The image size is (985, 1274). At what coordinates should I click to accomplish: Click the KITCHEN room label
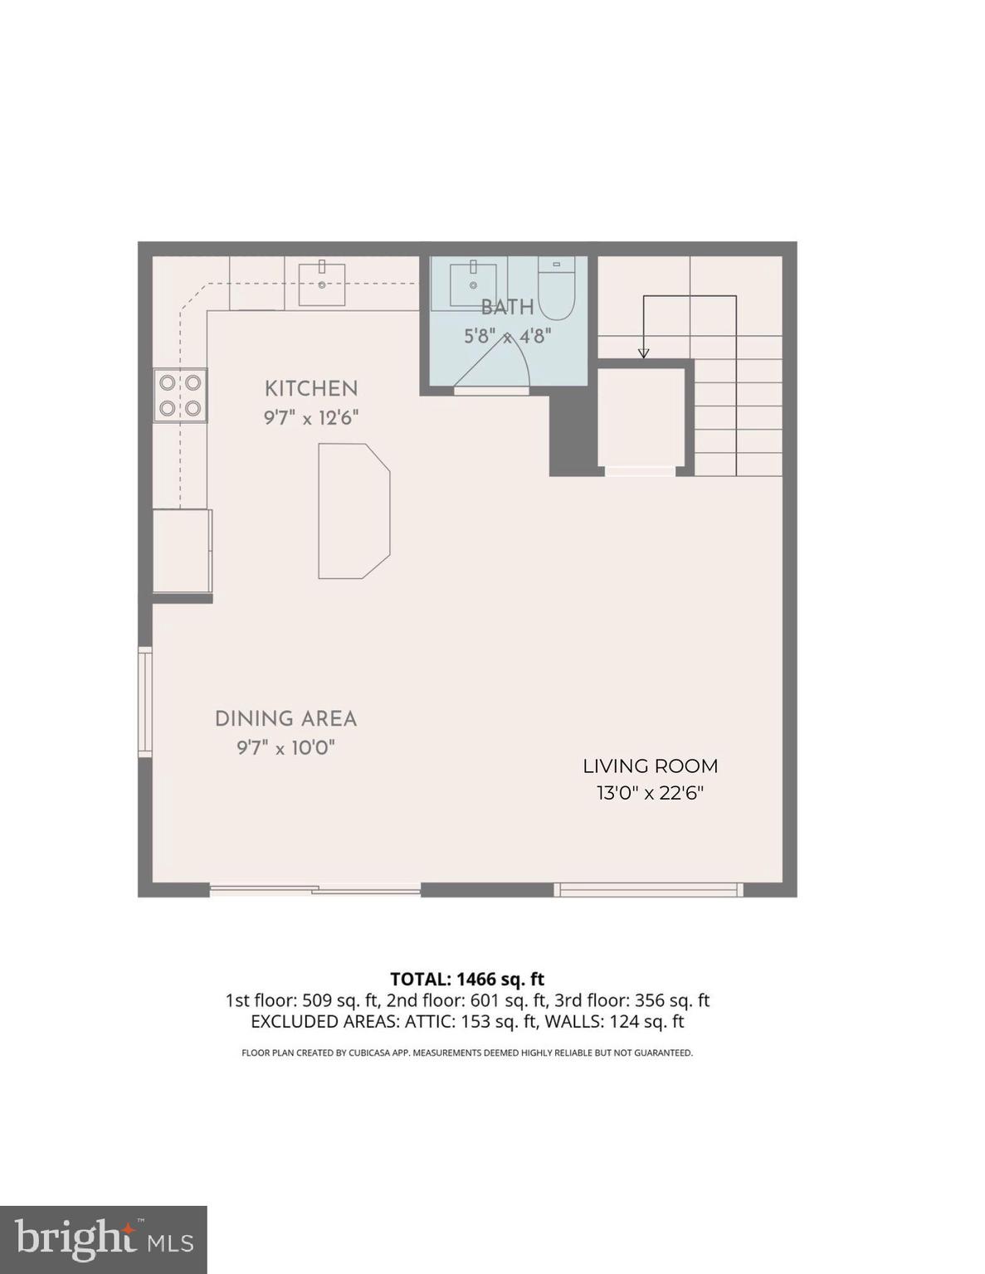click(x=311, y=388)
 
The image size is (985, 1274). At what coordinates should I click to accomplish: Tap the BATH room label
click(x=507, y=308)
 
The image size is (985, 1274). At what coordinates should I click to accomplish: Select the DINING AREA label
click(x=285, y=719)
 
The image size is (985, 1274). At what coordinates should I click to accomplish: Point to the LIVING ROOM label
click(x=650, y=766)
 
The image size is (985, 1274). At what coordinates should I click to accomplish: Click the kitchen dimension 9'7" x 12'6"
click(x=311, y=417)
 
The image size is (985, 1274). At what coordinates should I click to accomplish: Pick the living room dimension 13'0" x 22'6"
click(x=650, y=793)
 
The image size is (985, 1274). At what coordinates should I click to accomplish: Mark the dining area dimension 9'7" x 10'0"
click(x=285, y=748)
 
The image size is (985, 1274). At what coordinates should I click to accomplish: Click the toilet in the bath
click(x=556, y=290)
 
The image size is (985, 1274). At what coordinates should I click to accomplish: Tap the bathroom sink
click(x=473, y=284)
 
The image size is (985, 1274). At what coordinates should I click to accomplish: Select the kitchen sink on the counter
click(x=322, y=283)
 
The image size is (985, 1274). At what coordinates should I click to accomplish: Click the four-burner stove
click(x=181, y=395)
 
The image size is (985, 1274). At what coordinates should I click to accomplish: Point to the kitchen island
click(x=353, y=510)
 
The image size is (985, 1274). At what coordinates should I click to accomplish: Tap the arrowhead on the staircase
click(x=643, y=353)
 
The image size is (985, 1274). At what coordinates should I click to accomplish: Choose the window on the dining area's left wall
click(x=145, y=702)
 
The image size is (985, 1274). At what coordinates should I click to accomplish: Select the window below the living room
click(x=648, y=890)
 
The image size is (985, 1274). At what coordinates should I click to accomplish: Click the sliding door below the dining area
click(x=315, y=891)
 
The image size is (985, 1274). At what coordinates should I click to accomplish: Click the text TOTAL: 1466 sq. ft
click(x=467, y=980)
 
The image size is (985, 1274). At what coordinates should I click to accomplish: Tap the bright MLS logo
click(x=103, y=1240)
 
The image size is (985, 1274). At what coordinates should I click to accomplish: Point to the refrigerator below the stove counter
click(x=182, y=551)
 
